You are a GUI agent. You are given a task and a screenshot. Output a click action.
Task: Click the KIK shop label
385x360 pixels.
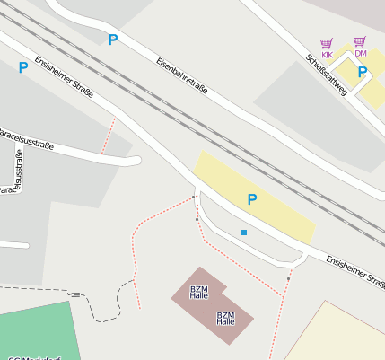327,55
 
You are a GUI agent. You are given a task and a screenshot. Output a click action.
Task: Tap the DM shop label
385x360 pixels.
361,53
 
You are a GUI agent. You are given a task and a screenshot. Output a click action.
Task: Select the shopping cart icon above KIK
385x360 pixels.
327,42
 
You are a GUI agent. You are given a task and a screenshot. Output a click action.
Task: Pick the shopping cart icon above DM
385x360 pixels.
360,41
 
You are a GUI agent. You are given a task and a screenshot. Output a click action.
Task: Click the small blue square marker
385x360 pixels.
244,233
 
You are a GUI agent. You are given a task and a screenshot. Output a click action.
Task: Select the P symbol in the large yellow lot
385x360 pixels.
252,199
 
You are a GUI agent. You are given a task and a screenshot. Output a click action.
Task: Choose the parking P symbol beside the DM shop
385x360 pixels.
363,72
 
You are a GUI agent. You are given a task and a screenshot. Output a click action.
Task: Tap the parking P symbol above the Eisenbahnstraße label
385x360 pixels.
113,40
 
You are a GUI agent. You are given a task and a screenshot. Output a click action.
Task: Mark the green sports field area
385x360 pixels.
36,332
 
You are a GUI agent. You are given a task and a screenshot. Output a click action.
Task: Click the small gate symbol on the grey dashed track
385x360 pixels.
76,294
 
